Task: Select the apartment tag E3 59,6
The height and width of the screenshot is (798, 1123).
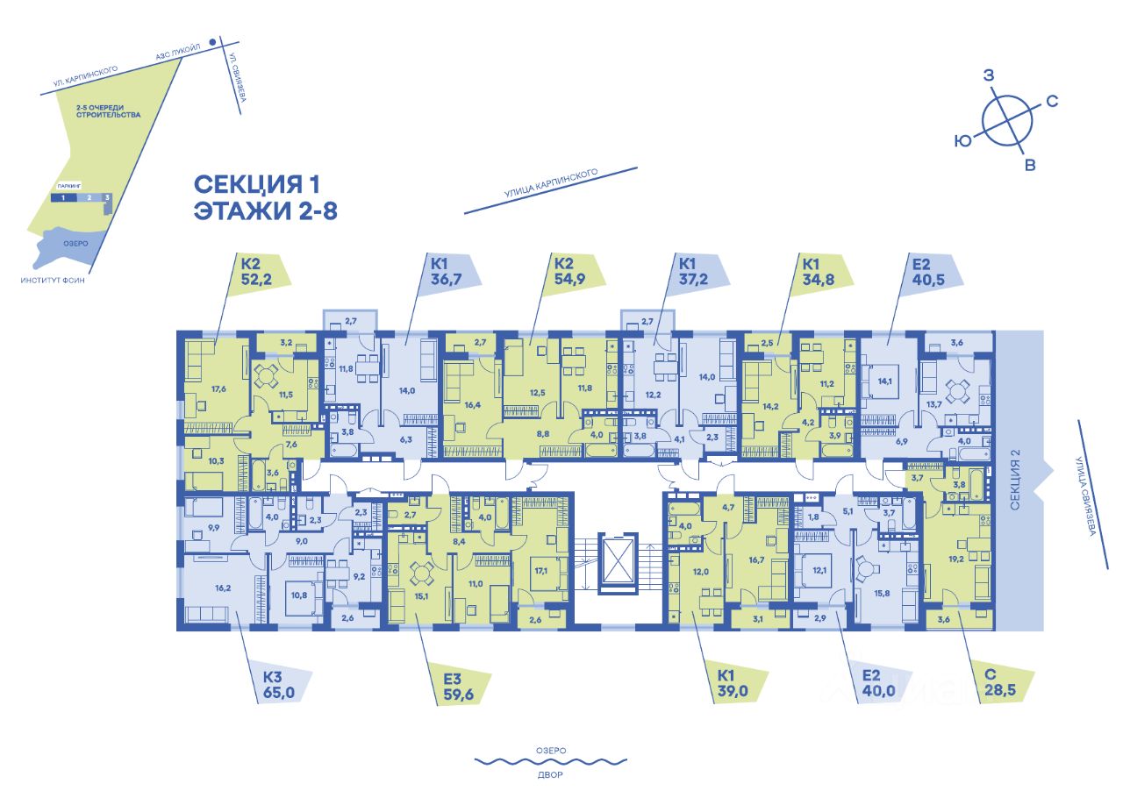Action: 454,688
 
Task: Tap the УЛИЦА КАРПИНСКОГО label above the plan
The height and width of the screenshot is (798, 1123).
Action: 550,188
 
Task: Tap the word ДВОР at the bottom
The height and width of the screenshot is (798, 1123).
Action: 548,775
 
